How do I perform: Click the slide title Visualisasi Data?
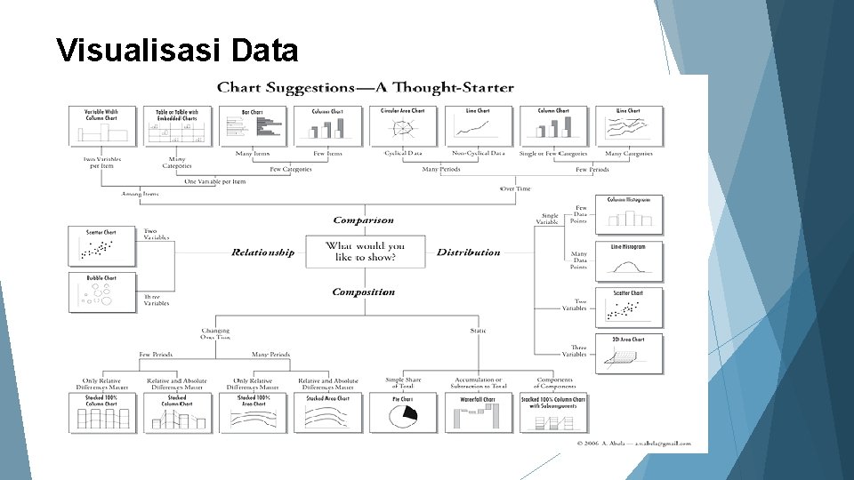(x=176, y=51)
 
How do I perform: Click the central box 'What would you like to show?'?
(x=365, y=252)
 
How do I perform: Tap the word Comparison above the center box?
(x=363, y=220)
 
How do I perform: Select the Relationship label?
(x=262, y=252)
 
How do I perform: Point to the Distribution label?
(x=469, y=252)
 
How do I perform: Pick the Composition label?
(x=363, y=292)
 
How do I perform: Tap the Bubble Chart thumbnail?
(x=101, y=292)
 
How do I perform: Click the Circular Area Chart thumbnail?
(x=403, y=126)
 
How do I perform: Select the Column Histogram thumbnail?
(x=628, y=212)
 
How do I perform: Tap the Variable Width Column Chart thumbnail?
(x=101, y=126)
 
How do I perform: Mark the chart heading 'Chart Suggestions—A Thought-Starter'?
(x=366, y=88)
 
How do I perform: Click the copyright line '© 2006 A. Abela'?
(x=633, y=442)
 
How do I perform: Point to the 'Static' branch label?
(x=478, y=331)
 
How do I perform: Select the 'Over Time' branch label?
(x=514, y=188)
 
